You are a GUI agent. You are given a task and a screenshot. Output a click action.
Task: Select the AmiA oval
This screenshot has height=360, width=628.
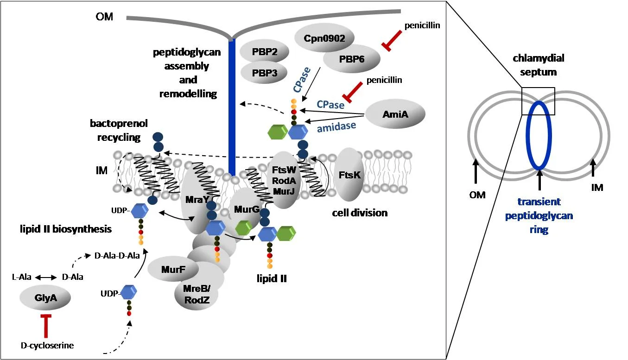point(395,114)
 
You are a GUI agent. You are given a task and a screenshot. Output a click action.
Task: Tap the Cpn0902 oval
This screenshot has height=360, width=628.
point(324,38)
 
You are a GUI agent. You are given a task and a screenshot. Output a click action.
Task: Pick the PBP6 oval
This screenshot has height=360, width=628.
point(352,59)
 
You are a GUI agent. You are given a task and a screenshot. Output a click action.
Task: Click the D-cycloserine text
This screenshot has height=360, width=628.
point(47,345)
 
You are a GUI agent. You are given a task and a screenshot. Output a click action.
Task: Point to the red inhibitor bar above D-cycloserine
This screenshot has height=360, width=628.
point(46,324)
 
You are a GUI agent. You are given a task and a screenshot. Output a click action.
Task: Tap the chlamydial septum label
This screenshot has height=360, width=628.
point(538,65)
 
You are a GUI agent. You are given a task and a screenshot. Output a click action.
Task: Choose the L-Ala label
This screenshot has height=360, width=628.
point(21,277)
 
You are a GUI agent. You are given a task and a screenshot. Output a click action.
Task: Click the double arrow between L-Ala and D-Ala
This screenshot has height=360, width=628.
point(45,277)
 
